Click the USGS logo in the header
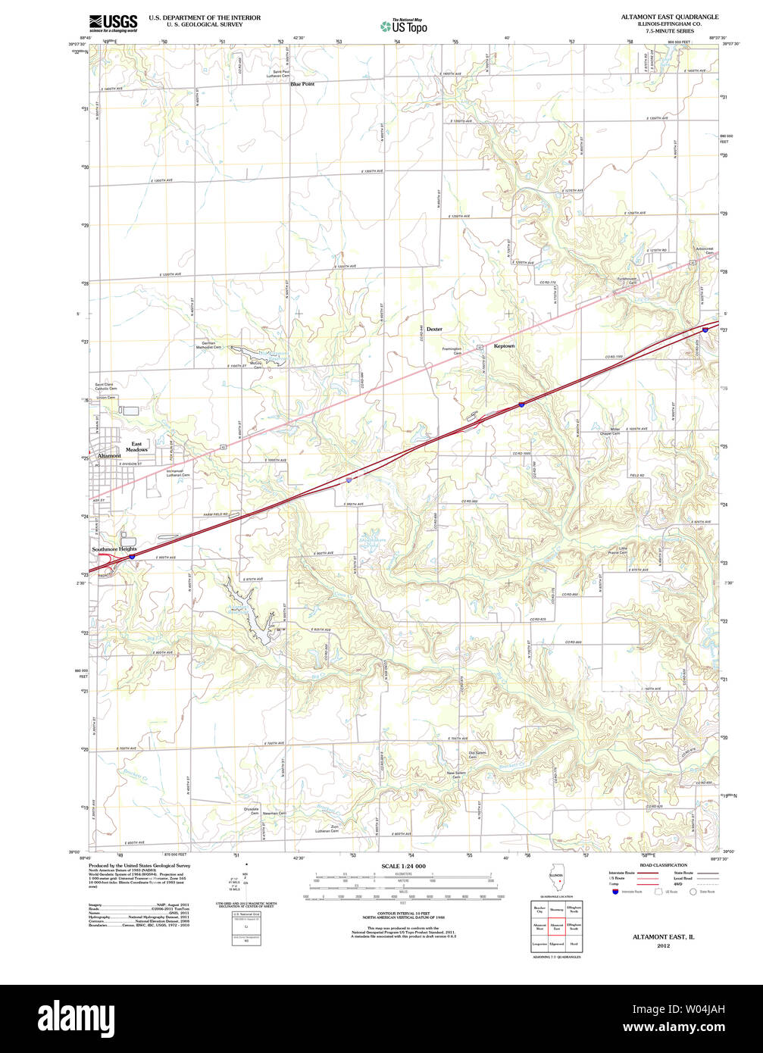pos(114,23)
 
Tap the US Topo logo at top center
pos(404,26)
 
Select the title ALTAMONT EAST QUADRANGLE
pos(670,17)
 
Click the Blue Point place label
pos(302,84)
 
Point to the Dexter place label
pos(434,330)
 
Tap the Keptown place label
pos(504,346)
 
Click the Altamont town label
pos(109,456)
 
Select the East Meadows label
pos(136,447)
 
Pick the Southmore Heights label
pos(114,548)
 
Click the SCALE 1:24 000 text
pos(404,866)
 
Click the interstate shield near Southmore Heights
pos(132,556)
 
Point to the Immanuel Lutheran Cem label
pos(178,473)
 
